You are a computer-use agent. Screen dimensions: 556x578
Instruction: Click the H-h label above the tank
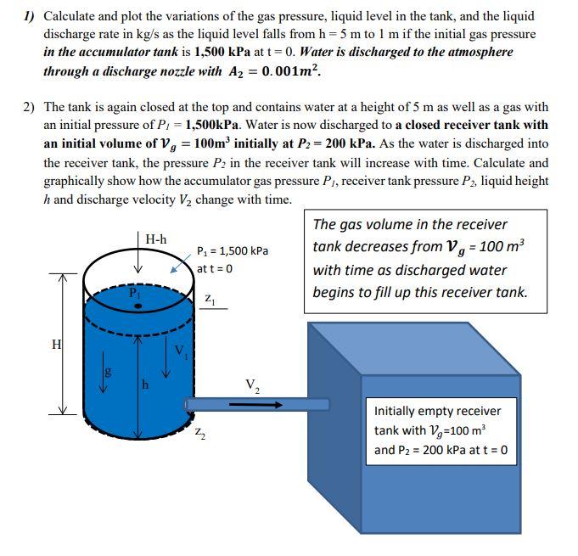(155, 240)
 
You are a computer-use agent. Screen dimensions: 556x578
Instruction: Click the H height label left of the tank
(57, 345)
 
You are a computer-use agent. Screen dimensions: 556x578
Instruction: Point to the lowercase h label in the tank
(145, 384)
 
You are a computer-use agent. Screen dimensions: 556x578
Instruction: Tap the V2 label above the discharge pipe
(252, 386)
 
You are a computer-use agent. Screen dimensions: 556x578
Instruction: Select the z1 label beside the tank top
(210, 299)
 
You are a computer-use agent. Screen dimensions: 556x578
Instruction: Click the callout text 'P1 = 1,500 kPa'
(232, 251)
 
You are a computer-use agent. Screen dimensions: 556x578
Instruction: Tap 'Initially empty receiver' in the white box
(437, 411)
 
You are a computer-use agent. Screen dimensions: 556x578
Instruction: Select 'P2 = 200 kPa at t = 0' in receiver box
(441, 449)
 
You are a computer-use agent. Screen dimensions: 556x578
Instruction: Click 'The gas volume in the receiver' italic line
(410, 225)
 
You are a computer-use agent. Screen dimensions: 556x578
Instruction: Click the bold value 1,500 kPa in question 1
(226, 52)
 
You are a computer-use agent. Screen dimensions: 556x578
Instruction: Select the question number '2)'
(30, 108)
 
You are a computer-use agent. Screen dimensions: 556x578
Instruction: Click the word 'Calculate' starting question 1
(70, 16)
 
